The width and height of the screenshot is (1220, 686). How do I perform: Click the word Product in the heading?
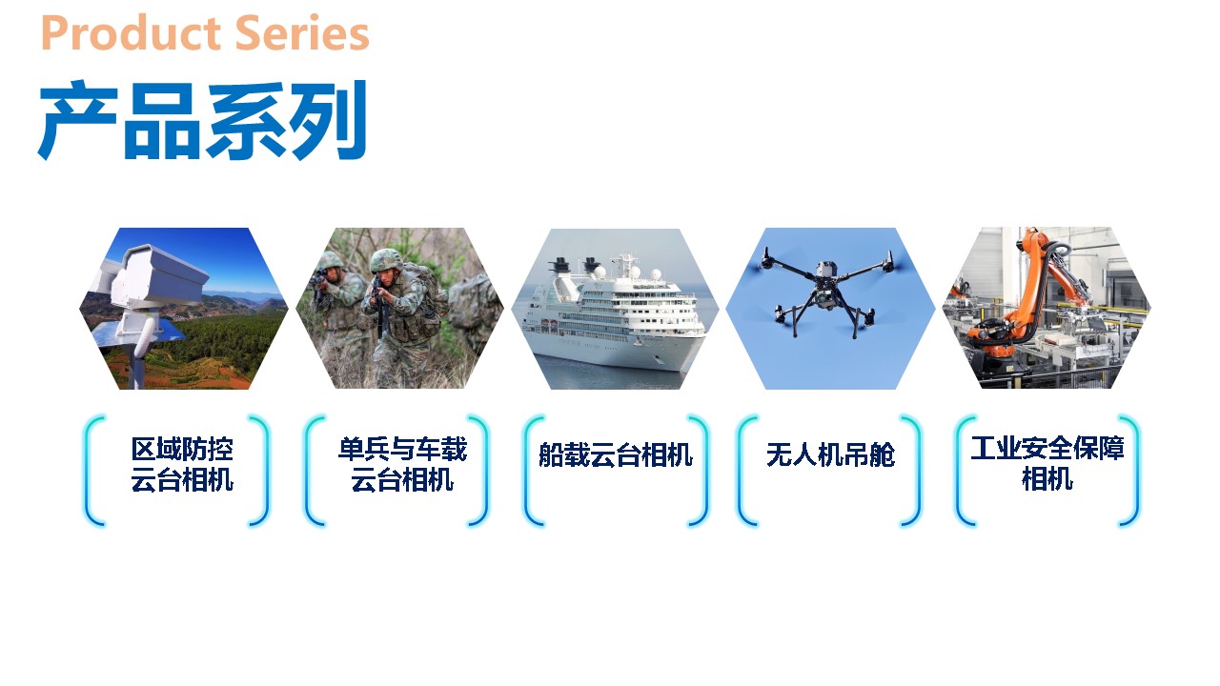(131, 33)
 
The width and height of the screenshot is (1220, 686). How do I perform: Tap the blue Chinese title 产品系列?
(203, 120)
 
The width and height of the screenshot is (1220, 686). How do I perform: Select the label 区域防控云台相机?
(182, 464)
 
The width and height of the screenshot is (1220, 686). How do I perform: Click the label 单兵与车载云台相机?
(402, 464)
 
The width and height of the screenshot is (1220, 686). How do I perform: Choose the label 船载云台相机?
(616, 454)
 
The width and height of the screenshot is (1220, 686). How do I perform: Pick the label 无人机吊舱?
(830, 454)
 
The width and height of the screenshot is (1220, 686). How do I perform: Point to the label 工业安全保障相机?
(1047, 463)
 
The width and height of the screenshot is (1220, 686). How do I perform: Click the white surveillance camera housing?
(158, 276)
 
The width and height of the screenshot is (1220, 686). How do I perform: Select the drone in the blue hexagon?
(829, 292)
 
